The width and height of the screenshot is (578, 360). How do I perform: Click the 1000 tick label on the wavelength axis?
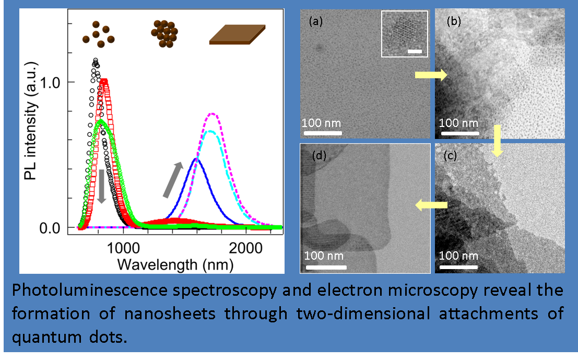click(123, 248)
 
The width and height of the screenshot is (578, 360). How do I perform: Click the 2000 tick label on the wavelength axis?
click(246, 248)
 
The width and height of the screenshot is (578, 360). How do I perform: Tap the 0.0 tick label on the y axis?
click(50, 228)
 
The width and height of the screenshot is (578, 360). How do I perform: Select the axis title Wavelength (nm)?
click(175, 265)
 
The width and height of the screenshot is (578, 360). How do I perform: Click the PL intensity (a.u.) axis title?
click(31, 121)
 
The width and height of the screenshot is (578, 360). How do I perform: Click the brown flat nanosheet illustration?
click(238, 34)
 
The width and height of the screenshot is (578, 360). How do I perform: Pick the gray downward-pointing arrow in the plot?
click(102, 187)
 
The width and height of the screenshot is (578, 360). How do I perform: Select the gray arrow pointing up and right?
click(173, 179)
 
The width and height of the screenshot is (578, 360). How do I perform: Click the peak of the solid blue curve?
click(196, 159)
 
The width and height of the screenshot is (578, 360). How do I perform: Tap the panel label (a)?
click(316, 21)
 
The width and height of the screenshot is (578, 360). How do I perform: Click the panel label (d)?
click(319, 156)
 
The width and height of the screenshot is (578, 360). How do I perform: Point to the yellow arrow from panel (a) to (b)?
click(431, 75)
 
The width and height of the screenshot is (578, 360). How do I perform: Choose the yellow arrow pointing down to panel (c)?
click(497, 141)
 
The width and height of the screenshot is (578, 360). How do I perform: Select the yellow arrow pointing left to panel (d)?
click(431, 205)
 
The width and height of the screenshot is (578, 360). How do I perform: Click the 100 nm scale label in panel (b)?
click(458, 123)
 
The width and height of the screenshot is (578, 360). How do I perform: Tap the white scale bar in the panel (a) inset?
click(415, 52)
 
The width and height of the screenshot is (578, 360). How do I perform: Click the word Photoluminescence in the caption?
click(90, 291)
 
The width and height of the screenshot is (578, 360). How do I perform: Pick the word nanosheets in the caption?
click(170, 314)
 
